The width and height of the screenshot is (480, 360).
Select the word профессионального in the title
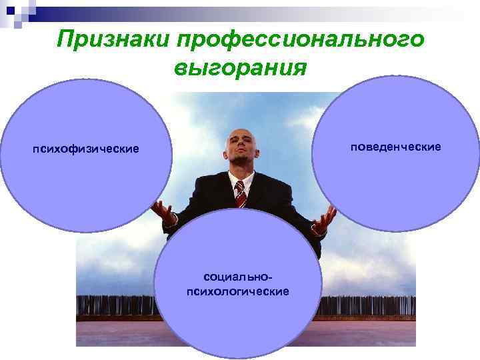click(x=300, y=39)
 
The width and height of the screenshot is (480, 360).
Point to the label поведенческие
click(x=396, y=146)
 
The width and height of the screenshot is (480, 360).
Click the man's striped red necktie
click(x=240, y=193)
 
